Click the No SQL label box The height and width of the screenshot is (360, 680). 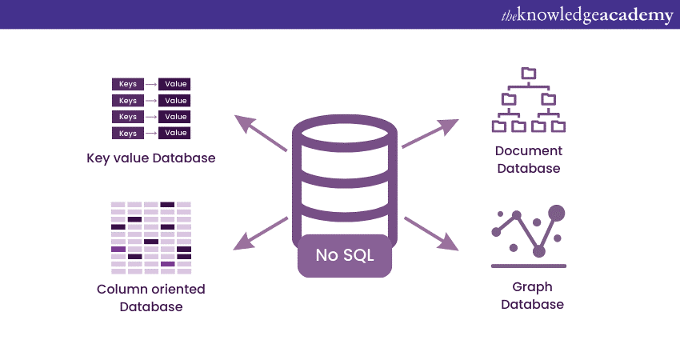[344, 256]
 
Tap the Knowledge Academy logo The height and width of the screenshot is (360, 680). [586, 15]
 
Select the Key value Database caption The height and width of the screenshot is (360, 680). [151, 158]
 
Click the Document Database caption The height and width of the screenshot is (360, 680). [528, 159]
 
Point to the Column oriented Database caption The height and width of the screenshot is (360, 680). [151, 298]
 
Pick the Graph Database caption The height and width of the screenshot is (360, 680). [532, 295]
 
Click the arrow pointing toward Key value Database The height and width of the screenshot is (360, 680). [261, 133]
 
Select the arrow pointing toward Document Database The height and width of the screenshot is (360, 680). [430, 134]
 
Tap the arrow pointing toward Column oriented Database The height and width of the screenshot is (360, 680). [261, 231]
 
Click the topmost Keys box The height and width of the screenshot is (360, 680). [127, 84]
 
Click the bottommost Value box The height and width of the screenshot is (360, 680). [174, 133]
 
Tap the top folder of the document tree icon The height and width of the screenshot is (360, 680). [528, 73]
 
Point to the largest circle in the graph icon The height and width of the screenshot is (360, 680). [557, 213]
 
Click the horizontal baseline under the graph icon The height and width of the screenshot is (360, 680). [528, 266]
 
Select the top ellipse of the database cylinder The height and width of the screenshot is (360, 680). [344, 132]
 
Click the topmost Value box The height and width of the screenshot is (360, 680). [174, 84]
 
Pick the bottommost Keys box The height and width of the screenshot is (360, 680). [127, 133]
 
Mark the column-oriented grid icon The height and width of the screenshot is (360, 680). [151, 238]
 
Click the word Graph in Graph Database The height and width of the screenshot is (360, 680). [532, 287]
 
